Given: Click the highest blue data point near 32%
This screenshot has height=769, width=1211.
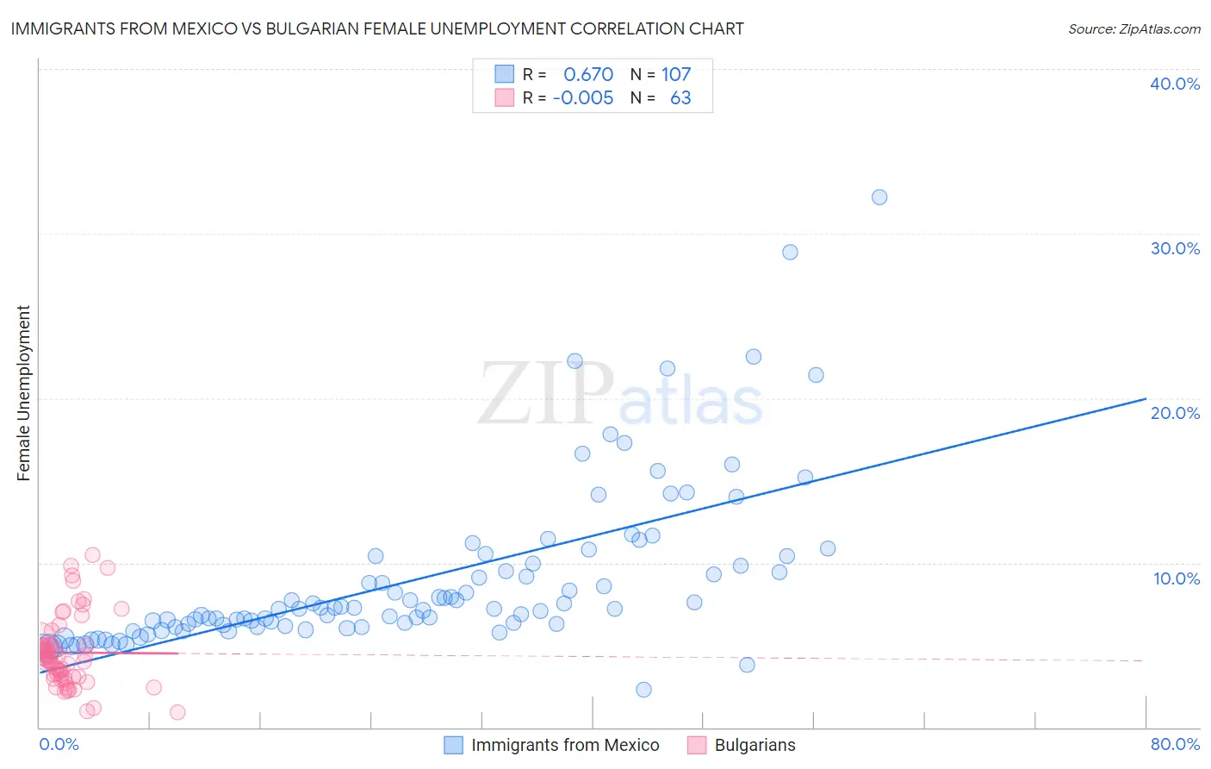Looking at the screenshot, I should [x=879, y=197].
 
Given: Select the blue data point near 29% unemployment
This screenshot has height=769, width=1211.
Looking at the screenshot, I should [x=790, y=253].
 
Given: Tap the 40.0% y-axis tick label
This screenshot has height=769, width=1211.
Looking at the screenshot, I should [x=1175, y=84].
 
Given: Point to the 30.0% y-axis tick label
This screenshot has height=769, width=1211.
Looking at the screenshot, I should [x=1175, y=248].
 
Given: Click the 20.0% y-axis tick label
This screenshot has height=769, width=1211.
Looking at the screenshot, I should [x=1175, y=413].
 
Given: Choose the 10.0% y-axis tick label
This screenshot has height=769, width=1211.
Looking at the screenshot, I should [x=1177, y=578].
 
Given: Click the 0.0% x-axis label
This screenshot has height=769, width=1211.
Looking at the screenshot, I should [x=59, y=744].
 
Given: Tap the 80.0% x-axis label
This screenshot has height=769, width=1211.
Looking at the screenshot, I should [x=1175, y=744].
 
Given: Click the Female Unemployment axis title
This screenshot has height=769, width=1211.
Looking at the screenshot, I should [x=23, y=393].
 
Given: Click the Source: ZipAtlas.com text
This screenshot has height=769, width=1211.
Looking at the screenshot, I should [x=1133, y=29].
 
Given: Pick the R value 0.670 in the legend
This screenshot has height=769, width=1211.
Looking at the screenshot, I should [x=588, y=75].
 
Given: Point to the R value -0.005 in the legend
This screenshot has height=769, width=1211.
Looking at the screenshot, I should [x=583, y=98].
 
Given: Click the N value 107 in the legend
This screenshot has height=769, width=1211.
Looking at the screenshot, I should [x=676, y=75].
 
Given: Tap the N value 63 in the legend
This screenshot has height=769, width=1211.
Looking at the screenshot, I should [x=680, y=98].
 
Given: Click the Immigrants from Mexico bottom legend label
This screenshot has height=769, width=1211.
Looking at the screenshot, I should [x=565, y=745].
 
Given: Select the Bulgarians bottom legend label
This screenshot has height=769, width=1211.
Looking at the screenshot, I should [x=755, y=745].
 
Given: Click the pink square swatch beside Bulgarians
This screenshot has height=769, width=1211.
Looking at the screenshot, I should [x=696, y=745].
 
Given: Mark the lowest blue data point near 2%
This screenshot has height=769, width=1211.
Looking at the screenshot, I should [x=643, y=690].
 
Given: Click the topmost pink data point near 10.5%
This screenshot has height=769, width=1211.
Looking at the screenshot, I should [x=92, y=555].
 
